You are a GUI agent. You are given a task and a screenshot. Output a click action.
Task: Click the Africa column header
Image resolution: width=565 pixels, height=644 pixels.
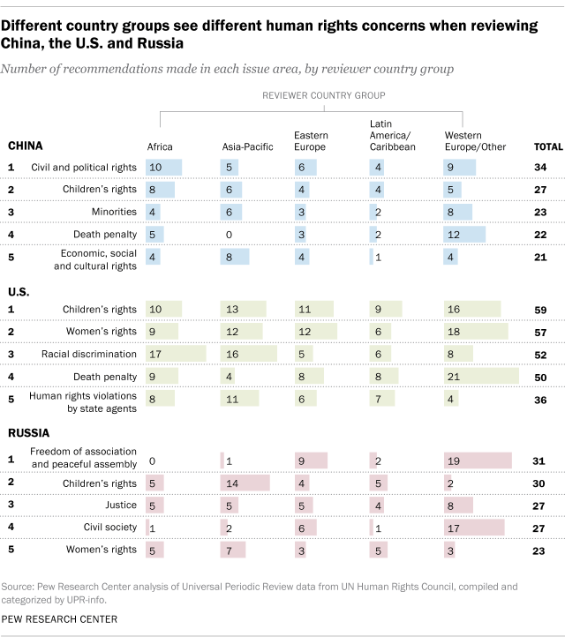[x=160, y=146]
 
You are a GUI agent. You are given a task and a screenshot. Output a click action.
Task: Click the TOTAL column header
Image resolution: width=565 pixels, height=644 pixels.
[x=547, y=146]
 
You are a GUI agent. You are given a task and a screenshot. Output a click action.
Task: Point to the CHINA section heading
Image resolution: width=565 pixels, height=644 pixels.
[x=26, y=146]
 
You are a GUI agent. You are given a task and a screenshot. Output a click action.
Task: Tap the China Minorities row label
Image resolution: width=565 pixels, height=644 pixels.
[x=115, y=212]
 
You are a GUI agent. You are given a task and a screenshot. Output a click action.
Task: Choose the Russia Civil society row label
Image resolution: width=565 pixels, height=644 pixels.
[x=110, y=528]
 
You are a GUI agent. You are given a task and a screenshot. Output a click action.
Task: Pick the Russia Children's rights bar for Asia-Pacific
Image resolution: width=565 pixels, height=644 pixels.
[x=245, y=483]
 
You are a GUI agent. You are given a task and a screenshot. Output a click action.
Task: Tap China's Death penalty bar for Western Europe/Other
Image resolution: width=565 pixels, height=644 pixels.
[x=464, y=235]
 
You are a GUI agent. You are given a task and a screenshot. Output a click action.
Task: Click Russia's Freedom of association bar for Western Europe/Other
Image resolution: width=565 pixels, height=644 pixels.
[x=478, y=461]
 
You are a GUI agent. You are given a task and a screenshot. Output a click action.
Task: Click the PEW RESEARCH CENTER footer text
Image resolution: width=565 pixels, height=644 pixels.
[x=61, y=618]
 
